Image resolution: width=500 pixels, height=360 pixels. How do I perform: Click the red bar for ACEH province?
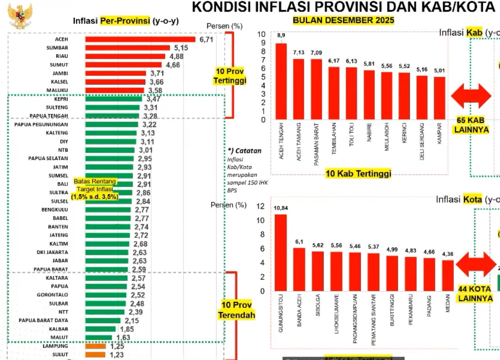[x=140, y=39]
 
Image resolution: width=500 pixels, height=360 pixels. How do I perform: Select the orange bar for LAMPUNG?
[x=95, y=346]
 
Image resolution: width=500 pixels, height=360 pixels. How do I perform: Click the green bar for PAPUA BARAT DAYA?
[x=103, y=320]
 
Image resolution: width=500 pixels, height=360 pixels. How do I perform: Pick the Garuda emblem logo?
[x=20, y=16]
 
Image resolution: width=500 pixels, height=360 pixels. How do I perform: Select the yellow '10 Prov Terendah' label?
[x=236, y=310]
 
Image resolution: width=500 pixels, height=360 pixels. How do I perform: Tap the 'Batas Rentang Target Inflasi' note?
[x=95, y=189]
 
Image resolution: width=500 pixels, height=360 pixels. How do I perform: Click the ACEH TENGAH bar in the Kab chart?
[x=281, y=81]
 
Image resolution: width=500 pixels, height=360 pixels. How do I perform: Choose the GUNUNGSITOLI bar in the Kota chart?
[x=281, y=252]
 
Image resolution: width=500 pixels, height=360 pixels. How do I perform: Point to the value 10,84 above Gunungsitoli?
[x=281, y=208]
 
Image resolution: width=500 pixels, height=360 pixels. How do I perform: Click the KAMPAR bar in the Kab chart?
[x=440, y=98]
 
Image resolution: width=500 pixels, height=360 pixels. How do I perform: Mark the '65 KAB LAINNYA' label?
[x=471, y=125]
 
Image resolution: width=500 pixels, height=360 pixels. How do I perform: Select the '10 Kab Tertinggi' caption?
[x=358, y=173]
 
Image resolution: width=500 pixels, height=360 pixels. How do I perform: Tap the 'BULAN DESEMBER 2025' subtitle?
[x=343, y=20]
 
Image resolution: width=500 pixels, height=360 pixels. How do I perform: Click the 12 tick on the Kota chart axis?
[x=260, y=206]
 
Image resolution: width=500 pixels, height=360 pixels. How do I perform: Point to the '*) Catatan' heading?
[x=245, y=151]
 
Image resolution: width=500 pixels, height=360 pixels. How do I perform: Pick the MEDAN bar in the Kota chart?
[x=448, y=275]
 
